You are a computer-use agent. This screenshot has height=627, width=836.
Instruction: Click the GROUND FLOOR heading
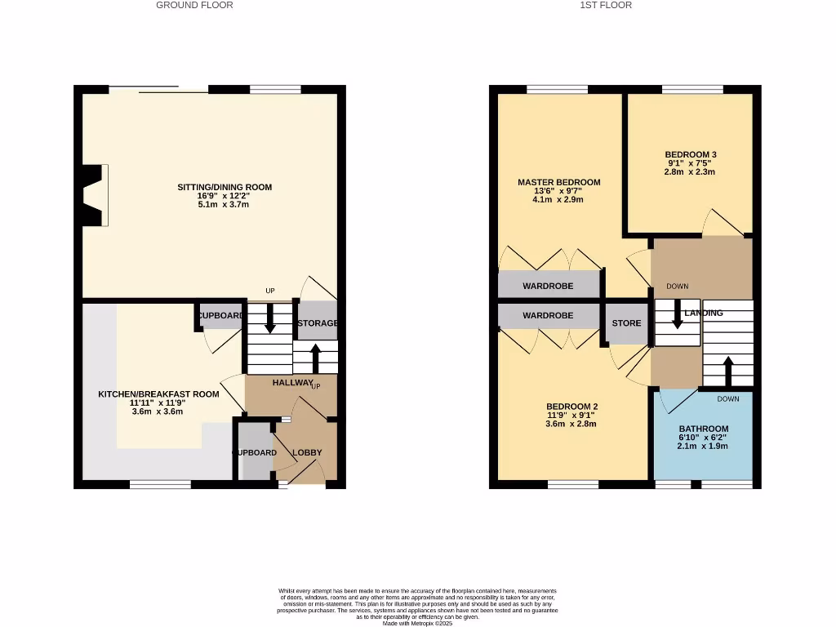tap(194, 5)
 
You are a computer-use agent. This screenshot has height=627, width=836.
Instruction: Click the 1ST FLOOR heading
tap(606, 5)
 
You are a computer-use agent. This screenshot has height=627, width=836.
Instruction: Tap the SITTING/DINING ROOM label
tap(225, 187)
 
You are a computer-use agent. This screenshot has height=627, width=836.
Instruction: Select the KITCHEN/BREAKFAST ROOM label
tap(158, 394)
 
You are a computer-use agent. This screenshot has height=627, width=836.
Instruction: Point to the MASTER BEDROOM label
tap(559, 182)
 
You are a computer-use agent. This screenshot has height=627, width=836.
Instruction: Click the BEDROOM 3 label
tap(690, 154)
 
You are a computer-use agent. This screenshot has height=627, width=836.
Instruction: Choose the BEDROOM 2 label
tap(572, 407)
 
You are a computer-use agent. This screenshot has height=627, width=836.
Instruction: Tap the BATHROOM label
tap(703, 429)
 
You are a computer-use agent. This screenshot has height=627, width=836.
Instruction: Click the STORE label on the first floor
tap(626, 323)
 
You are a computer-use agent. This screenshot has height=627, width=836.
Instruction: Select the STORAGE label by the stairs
tap(317, 323)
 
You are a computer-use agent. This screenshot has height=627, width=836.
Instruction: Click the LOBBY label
tap(307, 452)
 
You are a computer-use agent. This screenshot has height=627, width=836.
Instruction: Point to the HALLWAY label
tap(292, 382)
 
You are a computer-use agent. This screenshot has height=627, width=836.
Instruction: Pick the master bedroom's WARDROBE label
tap(548, 287)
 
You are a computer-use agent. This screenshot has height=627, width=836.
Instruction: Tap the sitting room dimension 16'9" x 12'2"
tap(225, 196)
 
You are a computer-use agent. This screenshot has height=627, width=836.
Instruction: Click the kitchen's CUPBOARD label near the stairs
tap(220, 316)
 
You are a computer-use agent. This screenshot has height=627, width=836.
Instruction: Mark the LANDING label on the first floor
tap(704, 313)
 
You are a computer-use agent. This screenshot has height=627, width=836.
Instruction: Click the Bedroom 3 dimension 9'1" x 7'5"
tap(690, 163)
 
